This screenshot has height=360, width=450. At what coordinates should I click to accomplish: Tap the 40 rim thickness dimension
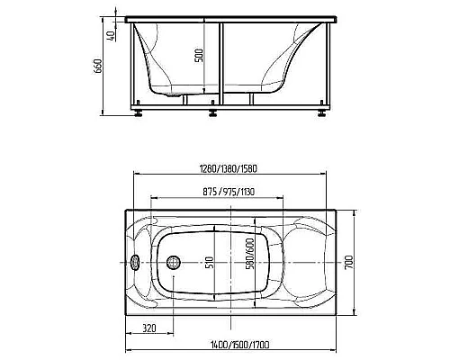coord(111,35)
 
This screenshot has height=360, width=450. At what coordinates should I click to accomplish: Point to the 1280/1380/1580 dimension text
coord(231,165)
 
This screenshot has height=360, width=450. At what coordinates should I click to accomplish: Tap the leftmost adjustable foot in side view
coord(139,113)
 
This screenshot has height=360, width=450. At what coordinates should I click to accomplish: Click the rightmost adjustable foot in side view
coord(322,113)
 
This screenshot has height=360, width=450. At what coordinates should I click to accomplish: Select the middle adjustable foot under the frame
coord(213,113)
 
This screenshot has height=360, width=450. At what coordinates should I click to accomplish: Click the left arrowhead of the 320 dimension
coord(126,337)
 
